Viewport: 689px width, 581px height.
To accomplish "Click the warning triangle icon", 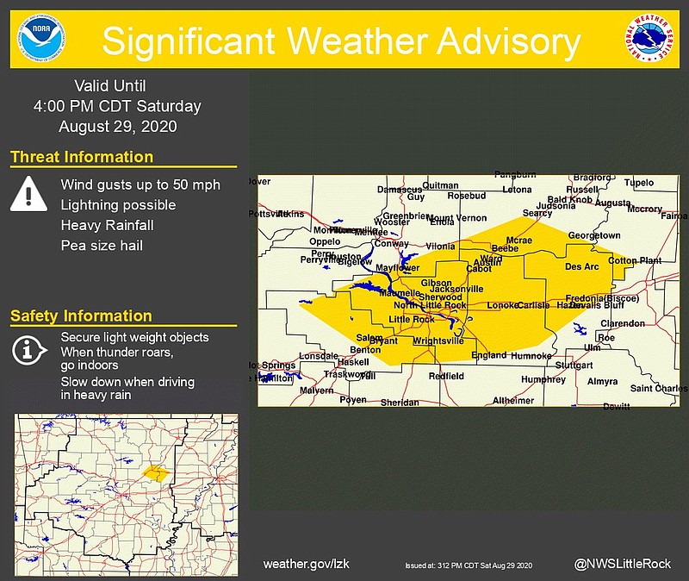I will coord(28,193).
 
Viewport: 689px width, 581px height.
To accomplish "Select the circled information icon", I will coord(28,350).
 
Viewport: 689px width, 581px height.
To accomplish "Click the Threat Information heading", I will coord(82,157).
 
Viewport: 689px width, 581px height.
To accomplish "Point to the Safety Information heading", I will coord(81,316).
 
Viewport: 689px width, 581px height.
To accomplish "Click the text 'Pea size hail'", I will coord(102,246).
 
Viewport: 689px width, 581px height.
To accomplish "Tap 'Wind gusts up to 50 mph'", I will coord(140,184).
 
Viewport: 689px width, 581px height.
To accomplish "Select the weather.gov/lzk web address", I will coord(306,564).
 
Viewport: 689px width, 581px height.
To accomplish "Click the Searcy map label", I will coord(537,213).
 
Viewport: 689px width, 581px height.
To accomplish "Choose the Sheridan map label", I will coord(400,403).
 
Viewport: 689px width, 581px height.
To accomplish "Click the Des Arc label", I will coord(580,267).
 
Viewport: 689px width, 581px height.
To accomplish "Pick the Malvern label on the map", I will coord(316,390).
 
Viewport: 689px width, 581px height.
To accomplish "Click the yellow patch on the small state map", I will coord(155,472).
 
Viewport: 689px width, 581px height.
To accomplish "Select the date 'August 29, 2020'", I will coord(117,126).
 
